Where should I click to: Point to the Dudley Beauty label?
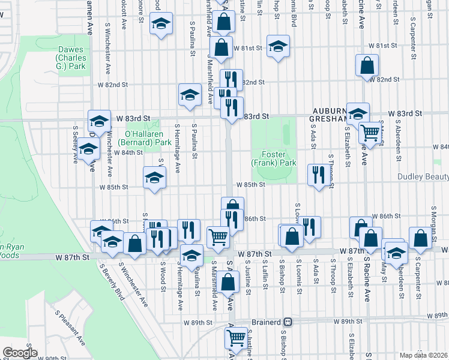click(423, 177)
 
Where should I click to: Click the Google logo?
click(20, 353)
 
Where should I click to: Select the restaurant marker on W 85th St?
click(316, 175)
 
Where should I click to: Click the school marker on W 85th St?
click(154, 178)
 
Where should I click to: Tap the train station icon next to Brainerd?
click(288, 322)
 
